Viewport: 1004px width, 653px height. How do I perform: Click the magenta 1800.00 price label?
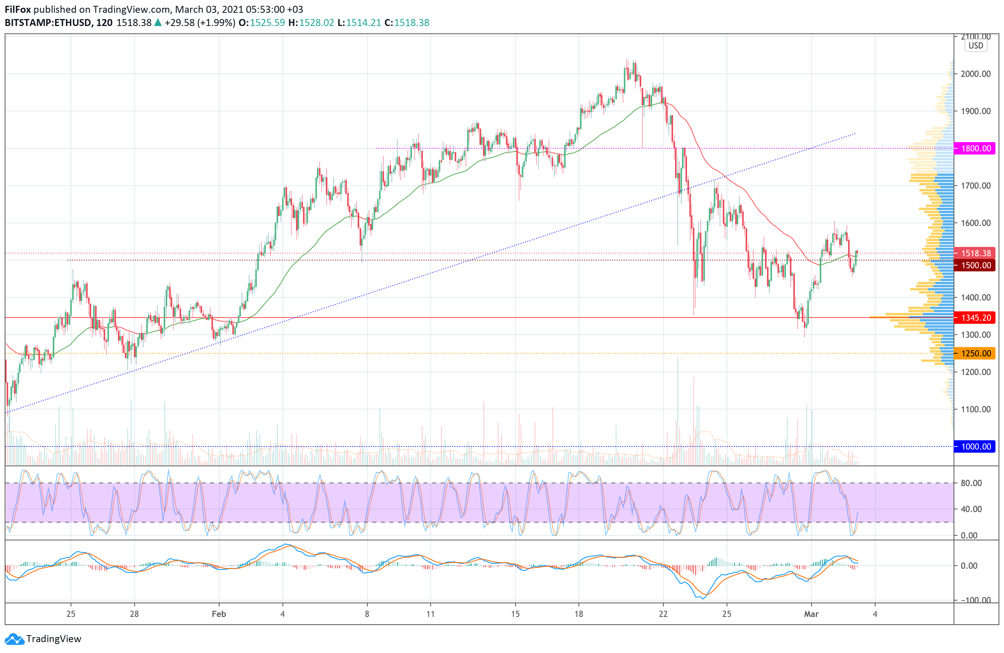[x=975, y=148]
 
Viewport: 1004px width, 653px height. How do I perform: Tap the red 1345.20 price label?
[x=975, y=318]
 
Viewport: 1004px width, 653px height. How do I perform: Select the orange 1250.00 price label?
[x=975, y=353]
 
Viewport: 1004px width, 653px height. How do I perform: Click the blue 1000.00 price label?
[x=975, y=446]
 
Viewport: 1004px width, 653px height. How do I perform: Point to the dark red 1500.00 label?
[x=975, y=265]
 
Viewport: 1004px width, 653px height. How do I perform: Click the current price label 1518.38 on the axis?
[x=975, y=253]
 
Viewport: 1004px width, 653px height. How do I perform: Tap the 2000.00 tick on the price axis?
[x=975, y=74]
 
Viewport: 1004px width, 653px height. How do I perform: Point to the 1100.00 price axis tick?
[x=975, y=409]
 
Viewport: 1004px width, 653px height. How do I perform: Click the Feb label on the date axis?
[x=218, y=614]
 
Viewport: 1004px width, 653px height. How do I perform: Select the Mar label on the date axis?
[x=811, y=614]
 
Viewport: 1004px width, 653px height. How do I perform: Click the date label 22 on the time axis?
[x=663, y=614]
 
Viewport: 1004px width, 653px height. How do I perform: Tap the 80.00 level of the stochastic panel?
[x=971, y=483]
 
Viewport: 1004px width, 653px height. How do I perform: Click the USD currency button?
[x=975, y=45]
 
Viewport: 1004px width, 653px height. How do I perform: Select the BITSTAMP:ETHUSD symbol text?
[x=48, y=23]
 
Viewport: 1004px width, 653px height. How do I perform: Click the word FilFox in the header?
[x=18, y=9]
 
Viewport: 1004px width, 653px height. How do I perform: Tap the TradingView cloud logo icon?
[x=14, y=639]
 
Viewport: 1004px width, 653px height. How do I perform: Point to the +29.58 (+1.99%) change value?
[x=199, y=23]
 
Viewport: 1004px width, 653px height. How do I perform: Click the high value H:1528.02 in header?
[x=311, y=23]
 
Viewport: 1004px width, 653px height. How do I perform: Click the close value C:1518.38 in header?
[x=407, y=23]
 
